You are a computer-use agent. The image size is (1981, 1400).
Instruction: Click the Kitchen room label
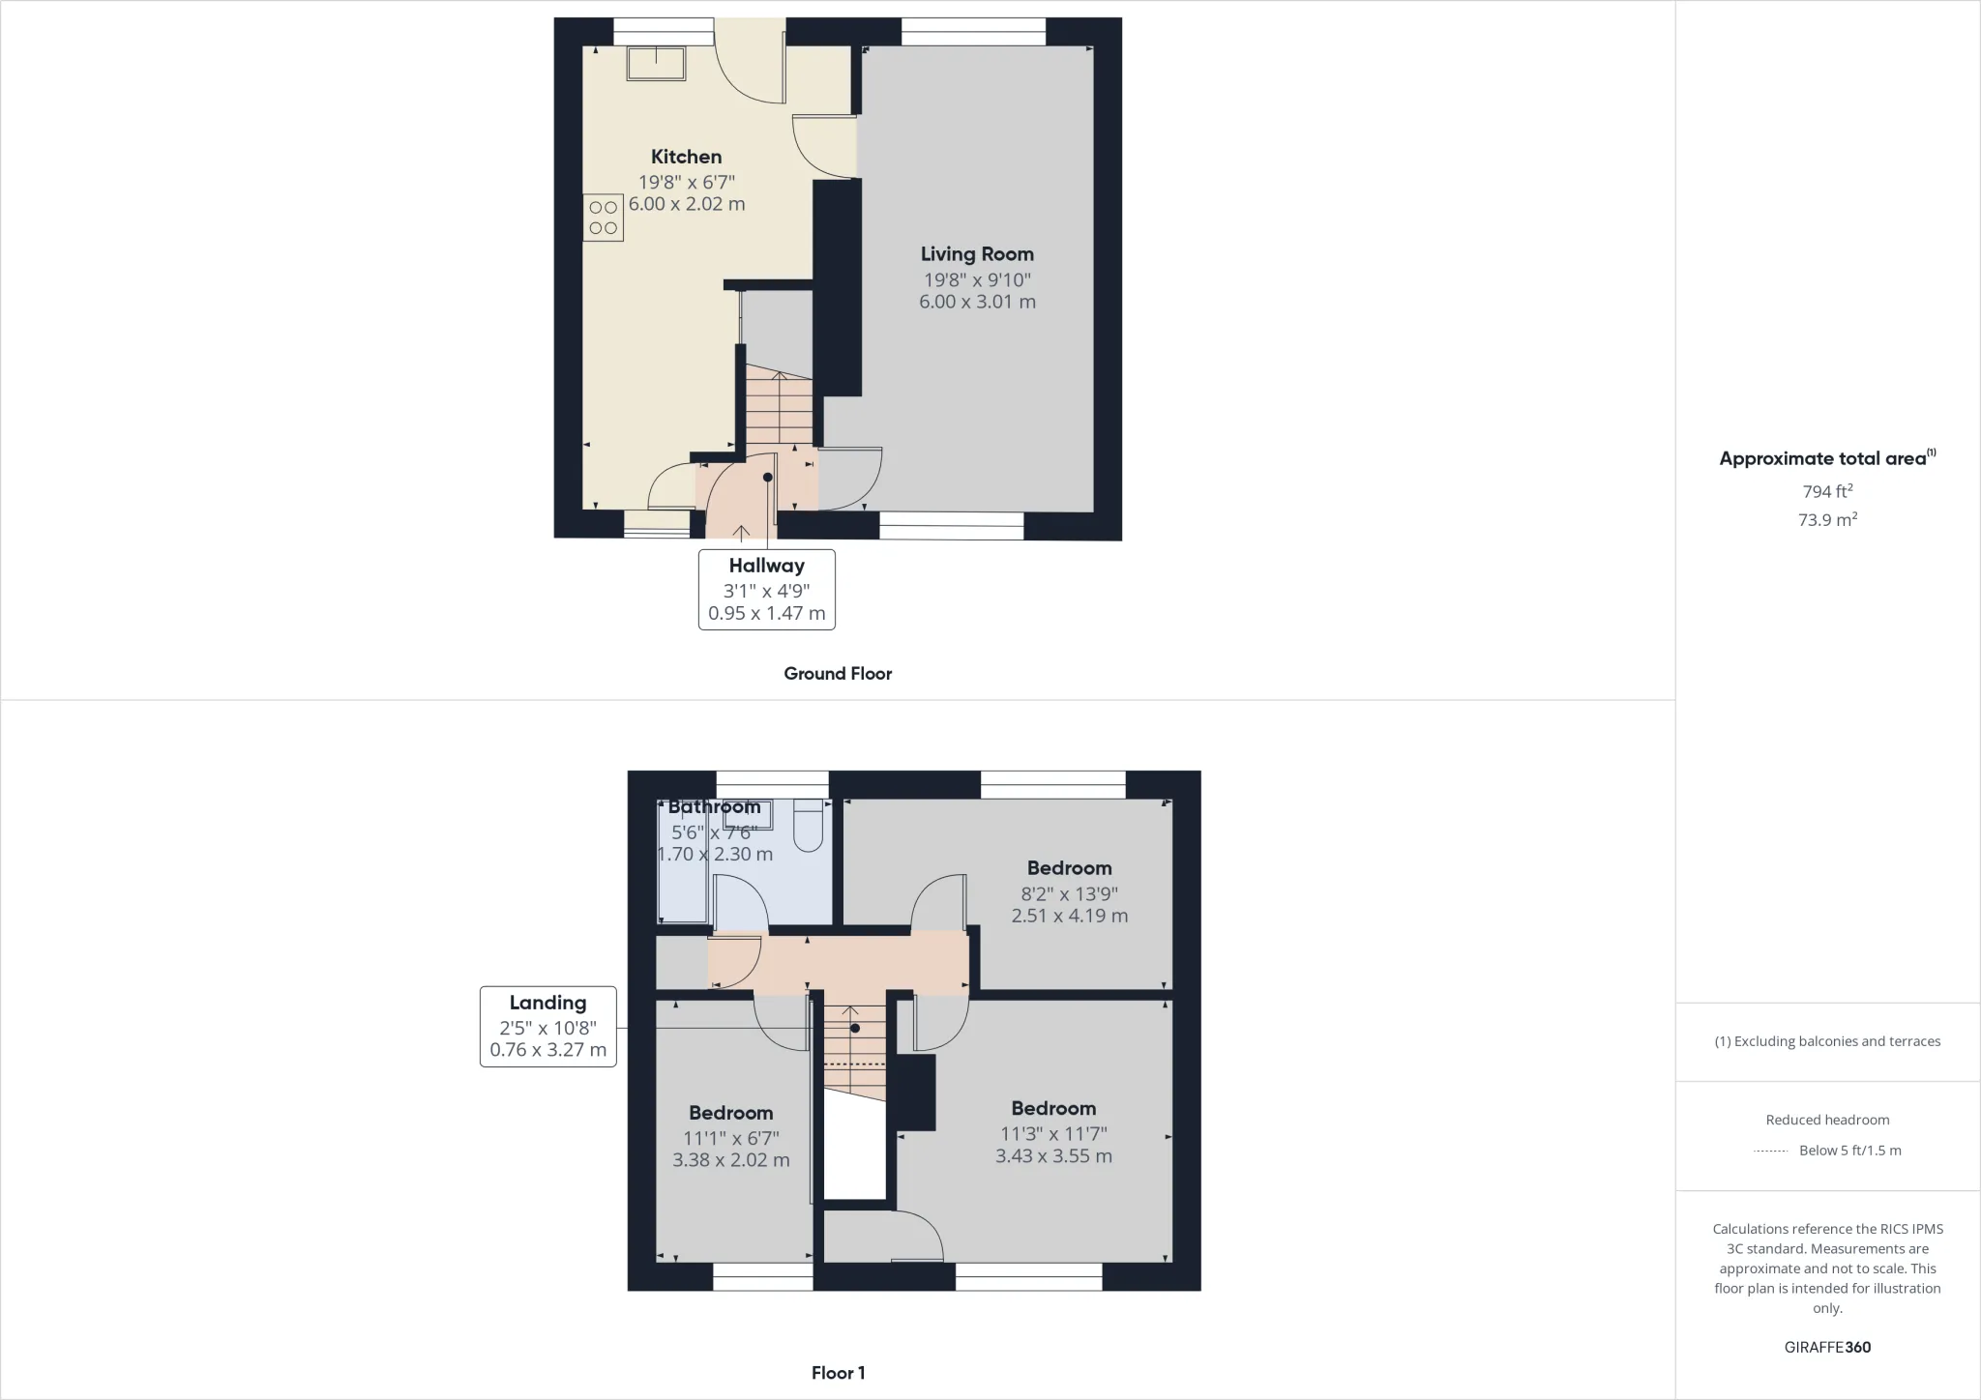686,157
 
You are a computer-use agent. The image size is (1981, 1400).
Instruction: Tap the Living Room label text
977,254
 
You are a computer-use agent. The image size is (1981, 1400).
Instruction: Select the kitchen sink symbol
656,64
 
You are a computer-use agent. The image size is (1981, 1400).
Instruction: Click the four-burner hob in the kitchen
603,218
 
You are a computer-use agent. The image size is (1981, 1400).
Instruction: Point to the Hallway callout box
766,589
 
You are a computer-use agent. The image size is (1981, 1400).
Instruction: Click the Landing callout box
547,1026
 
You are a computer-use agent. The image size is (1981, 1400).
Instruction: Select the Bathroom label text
714,807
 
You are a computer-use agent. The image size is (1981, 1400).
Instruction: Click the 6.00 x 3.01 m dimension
977,302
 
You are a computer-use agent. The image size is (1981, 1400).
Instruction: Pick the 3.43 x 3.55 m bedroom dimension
1053,1155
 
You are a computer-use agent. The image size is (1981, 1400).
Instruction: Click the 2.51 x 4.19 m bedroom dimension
1069,916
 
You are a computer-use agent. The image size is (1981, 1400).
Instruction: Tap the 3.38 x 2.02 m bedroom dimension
730,1159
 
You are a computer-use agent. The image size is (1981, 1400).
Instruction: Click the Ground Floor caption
838,674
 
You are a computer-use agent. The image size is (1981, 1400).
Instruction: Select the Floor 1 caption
838,1373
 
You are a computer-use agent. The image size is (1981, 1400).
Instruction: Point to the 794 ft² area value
1827,491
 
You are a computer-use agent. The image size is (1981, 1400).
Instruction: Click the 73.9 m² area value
1827,519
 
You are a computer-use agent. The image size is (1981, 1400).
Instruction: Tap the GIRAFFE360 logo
1827,1347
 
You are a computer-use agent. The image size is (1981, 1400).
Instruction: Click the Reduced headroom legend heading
1827,1120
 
